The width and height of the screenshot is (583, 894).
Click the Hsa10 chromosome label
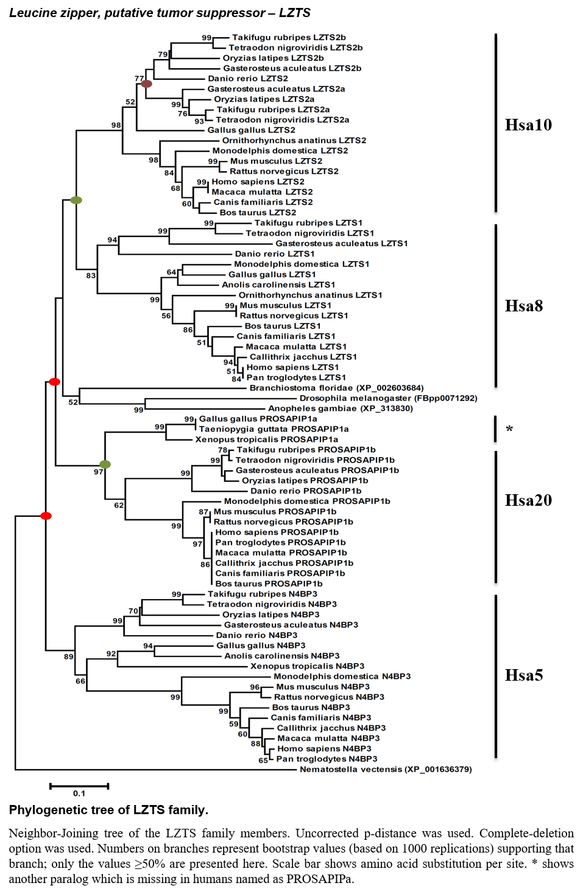point(528,125)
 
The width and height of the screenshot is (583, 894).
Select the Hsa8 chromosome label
point(523,306)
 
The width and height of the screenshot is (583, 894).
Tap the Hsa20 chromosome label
point(528,500)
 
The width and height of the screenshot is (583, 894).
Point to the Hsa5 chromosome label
point(523,675)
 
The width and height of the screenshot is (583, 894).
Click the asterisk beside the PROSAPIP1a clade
point(509,430)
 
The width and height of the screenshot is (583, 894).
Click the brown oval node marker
point(147,84)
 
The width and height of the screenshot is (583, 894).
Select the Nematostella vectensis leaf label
point(386,769)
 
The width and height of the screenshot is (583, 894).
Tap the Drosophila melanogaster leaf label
point(388,398)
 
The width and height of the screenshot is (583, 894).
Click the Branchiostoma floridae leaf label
point(336,388)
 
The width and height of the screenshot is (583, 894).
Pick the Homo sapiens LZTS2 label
point(258,182)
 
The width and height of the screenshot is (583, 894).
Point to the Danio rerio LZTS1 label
point(275,254)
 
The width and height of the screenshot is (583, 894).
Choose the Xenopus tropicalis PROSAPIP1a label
point(267,439)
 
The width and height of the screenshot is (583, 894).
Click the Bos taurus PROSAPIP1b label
point(269,583)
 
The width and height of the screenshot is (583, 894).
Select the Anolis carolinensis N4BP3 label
point(281,656)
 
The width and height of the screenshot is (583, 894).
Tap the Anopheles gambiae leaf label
point(341,408)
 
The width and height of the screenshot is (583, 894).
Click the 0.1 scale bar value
point(79,793)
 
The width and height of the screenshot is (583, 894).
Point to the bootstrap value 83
point(91,275)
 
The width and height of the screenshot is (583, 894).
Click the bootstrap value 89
point(69,656)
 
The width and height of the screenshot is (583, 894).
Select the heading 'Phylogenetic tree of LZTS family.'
point(108,810)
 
